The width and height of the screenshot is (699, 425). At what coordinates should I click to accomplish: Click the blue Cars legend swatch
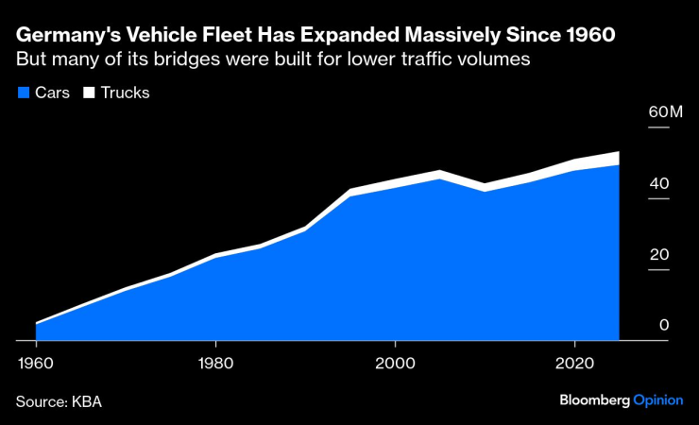point(23,93)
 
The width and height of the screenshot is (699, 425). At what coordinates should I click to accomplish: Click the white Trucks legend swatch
point(90,93)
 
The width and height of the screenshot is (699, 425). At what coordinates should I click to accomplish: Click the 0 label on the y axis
point(664,325)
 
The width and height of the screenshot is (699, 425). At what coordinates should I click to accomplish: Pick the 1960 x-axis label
point(36,362)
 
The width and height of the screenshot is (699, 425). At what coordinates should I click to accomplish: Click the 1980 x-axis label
point(215,362)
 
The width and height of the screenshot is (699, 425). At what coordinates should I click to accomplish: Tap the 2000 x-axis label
point(395,362)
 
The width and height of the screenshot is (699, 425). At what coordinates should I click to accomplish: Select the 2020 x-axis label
point(574,362)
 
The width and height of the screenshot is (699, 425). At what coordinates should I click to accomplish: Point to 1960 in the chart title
point(589,36)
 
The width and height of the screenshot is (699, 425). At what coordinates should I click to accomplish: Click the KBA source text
point(86,401)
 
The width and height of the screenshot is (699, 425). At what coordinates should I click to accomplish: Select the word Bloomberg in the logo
point(594,400)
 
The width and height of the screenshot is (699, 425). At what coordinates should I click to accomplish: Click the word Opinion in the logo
point(657,400)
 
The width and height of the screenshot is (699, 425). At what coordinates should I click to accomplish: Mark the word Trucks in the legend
point(125,93)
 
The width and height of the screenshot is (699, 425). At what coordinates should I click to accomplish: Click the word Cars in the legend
point(52,93)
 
